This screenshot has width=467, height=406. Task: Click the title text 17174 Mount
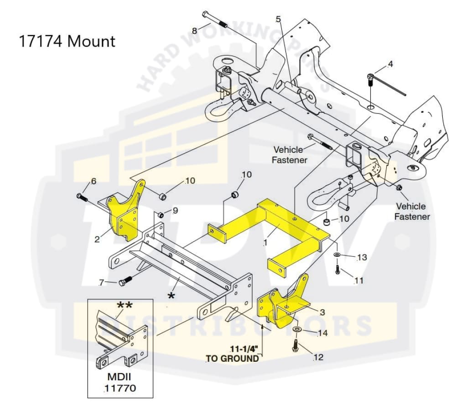pyautogui.click(x=67, y=41)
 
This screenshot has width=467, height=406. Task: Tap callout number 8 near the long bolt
pyautogui.click(x=194, y=31)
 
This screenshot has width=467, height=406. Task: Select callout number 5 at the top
pyautogui.click(x=278, y=19)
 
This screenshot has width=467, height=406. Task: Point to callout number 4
pyautogui.click(x=390, y=64)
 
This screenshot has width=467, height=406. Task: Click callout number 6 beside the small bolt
pyautogui.click(x=93, y=181)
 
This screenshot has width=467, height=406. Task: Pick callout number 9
pyautogui.click(x=175, y=211)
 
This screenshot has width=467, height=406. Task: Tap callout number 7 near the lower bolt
pyautogui.click(x=101, y=283)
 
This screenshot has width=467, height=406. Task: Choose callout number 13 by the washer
pyautogui.click(x=362, y=257)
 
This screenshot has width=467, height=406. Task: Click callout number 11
pyautogui.click(x=359, y=280)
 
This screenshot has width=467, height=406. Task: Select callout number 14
pyautogui.click(x=322, y=333)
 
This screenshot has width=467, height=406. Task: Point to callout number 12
pyautogui.click(x=318, y=357)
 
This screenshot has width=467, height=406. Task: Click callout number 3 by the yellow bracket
pyautogui.click(x=322, y=312)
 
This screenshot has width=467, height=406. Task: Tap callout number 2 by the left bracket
pyautogui.click(x=97, y=239)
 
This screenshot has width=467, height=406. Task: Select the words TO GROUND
pyautogui.click(x=233, y=359)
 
